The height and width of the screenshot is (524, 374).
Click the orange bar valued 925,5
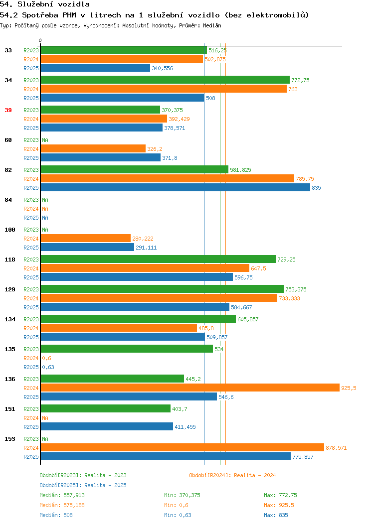coord(190,388)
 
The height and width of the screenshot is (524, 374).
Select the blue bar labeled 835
coord(176,187)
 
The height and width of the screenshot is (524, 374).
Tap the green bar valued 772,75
coord(165,80)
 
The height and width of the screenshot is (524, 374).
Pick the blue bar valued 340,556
coord(95,68)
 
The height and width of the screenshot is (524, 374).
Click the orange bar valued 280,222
coord(86,238)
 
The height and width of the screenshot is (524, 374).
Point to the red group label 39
coord(8,110)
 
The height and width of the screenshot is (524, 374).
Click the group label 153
coord(9,439)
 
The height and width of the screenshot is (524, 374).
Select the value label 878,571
coord(336,448)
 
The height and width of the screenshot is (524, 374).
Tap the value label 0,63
coord(48,367)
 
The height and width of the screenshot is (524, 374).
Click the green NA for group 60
coord(45,140)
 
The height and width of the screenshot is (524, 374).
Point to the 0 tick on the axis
coord(40,40)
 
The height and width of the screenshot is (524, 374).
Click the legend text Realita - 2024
coord(255,475)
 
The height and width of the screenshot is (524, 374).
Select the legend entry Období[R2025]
coord(60,485)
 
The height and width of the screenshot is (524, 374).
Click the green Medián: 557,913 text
coord(62,495)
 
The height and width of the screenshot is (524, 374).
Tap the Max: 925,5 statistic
coord(279,505)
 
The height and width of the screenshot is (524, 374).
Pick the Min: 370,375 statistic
coord(182,495)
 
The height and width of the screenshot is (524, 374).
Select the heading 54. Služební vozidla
coord(45,4)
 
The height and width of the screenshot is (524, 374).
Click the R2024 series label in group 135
coord(31,358)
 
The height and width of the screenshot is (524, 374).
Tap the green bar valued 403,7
coord(106,408)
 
